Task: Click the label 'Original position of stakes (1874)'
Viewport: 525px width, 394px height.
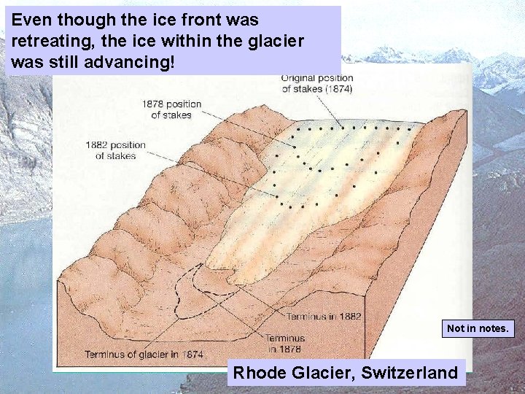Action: (316, 83)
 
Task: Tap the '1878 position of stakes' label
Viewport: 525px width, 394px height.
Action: (172, 109)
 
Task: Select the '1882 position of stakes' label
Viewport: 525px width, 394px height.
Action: (115, 150)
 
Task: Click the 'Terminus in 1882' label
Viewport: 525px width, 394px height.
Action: (323, 317)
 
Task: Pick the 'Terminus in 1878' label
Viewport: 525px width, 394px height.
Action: (284, 344)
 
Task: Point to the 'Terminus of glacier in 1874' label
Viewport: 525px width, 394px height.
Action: (144, 355)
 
